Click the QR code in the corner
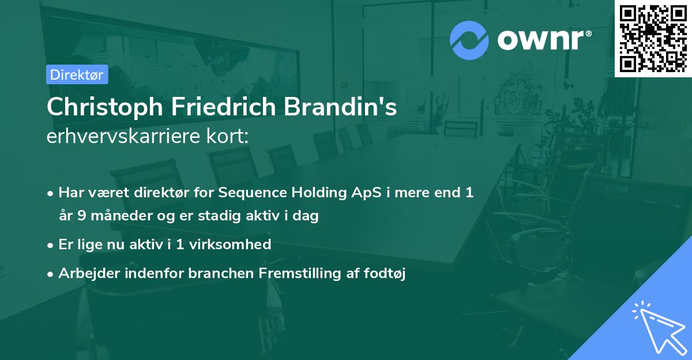[x=653, y=38]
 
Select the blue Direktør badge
[x=77, y=74]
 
